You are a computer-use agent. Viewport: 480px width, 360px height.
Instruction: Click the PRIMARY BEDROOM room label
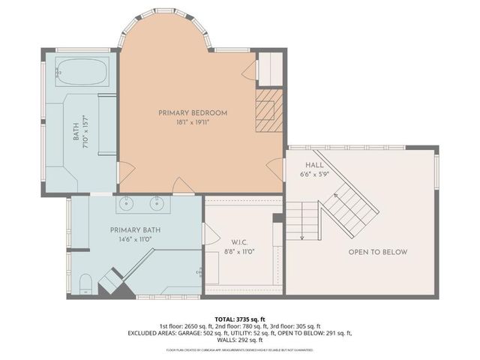click(x=193, y=112)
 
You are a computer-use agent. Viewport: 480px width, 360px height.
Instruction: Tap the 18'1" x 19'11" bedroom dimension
click(x=193, y=122)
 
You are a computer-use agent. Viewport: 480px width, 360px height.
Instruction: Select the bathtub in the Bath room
click(x=82, y=73)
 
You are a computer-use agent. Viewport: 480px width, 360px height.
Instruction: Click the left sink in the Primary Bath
click(x=125, y=202)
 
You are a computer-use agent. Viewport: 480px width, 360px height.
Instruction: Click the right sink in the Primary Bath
click(x=157, y=202)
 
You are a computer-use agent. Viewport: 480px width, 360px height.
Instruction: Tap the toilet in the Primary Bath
click(x=85, y=283)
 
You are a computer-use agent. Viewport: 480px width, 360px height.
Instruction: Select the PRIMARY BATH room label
click(x=135, y=229)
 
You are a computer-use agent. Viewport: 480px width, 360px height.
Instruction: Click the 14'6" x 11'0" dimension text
click(x=135, y=239)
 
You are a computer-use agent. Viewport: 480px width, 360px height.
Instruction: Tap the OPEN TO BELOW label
click(x=378, y=252)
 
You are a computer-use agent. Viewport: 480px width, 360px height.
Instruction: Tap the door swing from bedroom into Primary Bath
click(x=181, y=184)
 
